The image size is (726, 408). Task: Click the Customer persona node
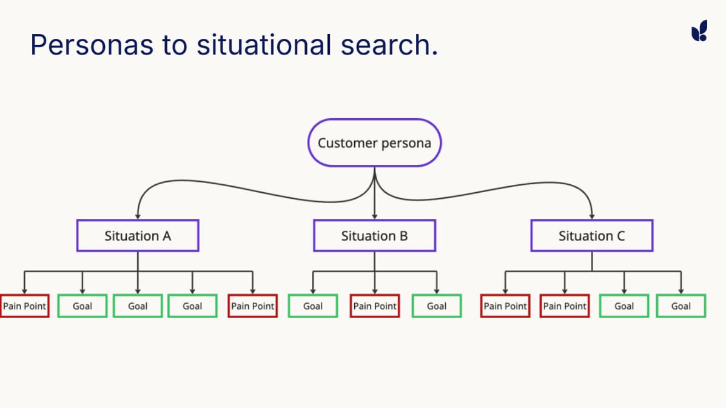(x=375, y=142)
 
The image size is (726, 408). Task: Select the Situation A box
(x=138, y=235)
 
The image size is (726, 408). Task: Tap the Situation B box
(x=375, y=235)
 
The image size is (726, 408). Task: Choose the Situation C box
(x=592, y=235)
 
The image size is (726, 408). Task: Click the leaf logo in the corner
(x=699, y=31)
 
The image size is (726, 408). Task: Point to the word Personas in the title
(x=92, y=45)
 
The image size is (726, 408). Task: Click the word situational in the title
(x=264, y=45)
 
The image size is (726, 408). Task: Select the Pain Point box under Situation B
(x=375, y=306)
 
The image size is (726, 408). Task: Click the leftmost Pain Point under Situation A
(x=24, y=306)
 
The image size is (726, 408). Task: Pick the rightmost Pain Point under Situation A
(x=253, y=306)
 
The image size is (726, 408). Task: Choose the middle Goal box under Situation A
(x=138, y=306)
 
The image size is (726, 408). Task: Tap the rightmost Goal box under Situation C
(x=681, y=306)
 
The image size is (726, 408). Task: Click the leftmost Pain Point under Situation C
(x=505, y=306)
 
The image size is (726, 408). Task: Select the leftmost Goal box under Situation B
(x=313, y=306)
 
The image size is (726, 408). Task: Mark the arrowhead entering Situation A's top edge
(x=138, y=216)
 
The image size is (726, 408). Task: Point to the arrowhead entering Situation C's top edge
(x=592, y=216)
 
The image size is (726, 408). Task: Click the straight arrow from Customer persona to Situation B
(x=375, y=193)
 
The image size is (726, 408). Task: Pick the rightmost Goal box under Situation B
(x=437, y=306)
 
